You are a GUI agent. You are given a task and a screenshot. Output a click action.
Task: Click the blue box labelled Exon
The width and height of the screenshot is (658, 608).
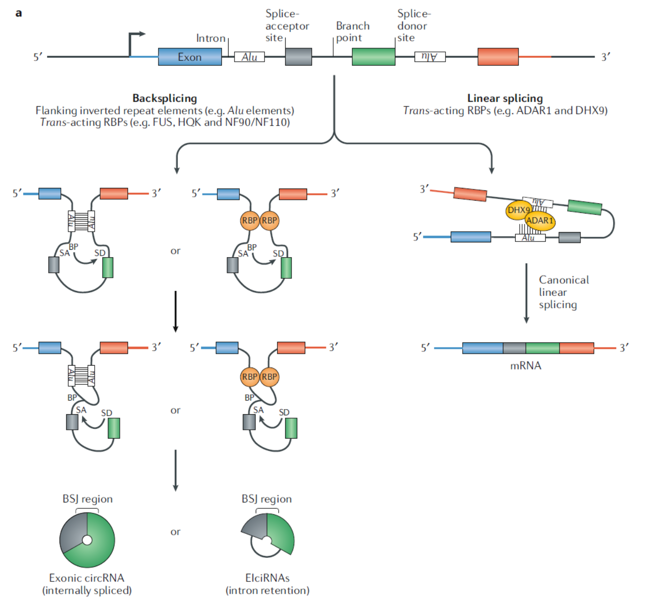(189, 57)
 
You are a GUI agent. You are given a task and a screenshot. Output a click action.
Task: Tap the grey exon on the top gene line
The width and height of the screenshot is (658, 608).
(298, 57)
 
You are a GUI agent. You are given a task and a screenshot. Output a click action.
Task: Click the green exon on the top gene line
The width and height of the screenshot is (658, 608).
(373, 57)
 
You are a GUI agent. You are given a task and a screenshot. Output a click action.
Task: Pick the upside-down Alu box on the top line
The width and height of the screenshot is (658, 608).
(430, 57)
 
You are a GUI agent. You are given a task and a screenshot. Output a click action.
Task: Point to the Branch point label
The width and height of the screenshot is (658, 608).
(352, 32)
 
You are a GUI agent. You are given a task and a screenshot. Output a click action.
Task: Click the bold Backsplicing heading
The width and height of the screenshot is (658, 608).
(164, 98)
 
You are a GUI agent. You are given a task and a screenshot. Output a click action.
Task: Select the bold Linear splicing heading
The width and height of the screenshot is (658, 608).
(505, 98)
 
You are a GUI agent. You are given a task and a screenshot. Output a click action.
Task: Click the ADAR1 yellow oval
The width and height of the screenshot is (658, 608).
(540, 221)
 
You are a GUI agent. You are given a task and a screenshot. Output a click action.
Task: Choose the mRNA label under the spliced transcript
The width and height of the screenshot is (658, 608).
(526, 366)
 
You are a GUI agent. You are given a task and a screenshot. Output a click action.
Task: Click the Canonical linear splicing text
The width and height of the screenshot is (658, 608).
(563, 292)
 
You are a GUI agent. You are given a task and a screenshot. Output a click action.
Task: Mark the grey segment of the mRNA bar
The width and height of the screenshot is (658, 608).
(514, 348)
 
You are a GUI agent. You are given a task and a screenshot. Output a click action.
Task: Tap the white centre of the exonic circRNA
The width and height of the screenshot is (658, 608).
(87, 540)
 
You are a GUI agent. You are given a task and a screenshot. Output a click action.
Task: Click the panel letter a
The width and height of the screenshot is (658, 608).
(19, 13)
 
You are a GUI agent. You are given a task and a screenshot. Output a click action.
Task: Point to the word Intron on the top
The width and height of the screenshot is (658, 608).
(211, 38)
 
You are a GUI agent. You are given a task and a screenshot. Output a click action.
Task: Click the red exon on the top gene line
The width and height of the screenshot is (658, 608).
(498, 57)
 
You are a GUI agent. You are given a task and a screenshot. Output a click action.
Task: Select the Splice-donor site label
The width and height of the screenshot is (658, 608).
(412, 26)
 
